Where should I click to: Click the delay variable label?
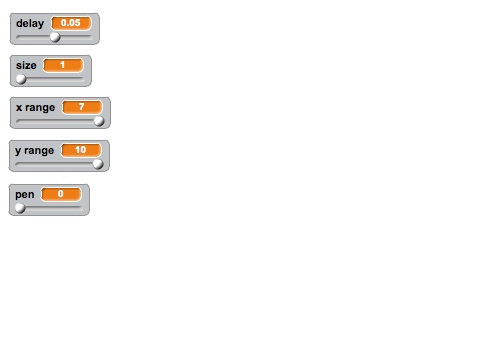(x=30, y=24)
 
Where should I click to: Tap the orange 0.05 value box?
(x=71, y=23)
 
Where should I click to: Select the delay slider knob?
(x=55, y=37)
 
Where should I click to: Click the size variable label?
(x=26, y=65)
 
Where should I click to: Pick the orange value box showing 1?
(x=63, y=65)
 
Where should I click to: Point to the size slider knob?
(x=21, y=79)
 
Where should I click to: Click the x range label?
(x=35, y=108)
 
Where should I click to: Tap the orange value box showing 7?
(x=82, y=107)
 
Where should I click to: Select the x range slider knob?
(x=99, y=121)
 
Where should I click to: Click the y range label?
(x=34, y=151)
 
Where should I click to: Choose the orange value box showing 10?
(x=81, y=150)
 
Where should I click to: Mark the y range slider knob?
(x=98, y=164)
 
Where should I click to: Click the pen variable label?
(x=25, y=194)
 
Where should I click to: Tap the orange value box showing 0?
(x=61, y=194)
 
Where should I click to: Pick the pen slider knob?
(x=20, y=208)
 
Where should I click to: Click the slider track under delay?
(x=54, y=37)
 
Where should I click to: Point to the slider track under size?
(x=50, y=79)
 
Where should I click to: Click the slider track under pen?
(x=49, y=208)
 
